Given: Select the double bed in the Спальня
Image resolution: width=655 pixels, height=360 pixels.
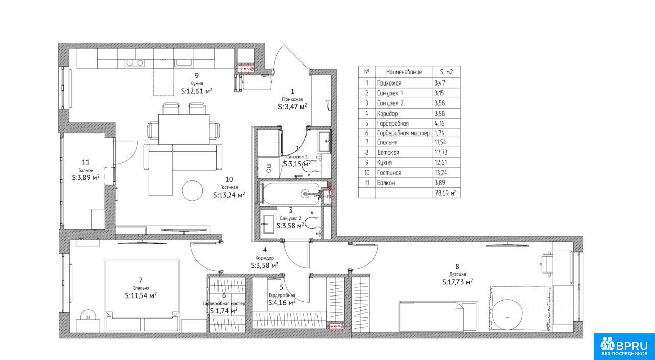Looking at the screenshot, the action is (142, 295).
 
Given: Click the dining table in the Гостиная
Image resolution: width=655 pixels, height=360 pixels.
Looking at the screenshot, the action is (184, 129).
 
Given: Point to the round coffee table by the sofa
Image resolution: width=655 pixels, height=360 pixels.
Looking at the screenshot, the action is (192, 190).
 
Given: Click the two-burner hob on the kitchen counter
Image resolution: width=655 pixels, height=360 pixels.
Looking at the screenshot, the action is (135, 62).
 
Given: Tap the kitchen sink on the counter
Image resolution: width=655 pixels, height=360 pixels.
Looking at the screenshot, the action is (184, 62).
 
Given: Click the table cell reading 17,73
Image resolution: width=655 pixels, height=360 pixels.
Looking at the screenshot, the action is (441, 152).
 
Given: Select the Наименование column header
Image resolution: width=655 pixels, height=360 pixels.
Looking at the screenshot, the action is (404, 72).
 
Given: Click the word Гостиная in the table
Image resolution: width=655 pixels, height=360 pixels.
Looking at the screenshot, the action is (389, 173).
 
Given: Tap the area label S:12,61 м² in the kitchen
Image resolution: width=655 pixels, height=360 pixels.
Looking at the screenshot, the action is (196, 91).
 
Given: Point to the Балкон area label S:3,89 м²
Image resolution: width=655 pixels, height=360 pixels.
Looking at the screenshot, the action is (85, 177).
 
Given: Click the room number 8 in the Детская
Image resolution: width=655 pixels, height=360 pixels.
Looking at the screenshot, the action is (457, 266).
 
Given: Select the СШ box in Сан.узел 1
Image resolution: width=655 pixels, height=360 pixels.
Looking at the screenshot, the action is (269, 167).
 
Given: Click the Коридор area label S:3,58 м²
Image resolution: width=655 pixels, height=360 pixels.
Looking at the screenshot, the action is (265, 265).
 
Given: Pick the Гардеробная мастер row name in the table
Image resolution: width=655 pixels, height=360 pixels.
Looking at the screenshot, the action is (403, 133).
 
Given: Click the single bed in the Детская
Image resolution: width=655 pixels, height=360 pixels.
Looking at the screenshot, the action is (439, 316).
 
